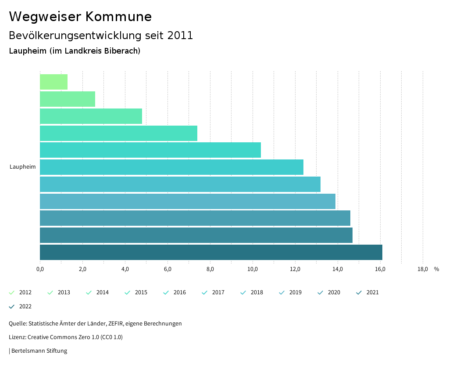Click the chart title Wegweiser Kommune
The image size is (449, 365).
click(x=80, y=17)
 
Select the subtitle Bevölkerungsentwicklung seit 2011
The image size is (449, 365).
click(x=101, y=36)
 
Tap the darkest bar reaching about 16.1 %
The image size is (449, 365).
click(x=211, y=252)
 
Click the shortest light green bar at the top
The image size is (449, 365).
click(x=53, y=82)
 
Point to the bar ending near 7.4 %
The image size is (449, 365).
click(x=118, y=133)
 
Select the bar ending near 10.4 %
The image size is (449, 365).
click(x=150, y=150)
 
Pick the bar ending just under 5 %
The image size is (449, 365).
click(x=91, y=116)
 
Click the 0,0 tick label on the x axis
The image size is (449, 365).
click(x=40, y=269)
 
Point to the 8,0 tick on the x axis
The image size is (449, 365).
click(x=210, y=269)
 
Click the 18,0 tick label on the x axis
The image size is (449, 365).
click(x=423, y=269)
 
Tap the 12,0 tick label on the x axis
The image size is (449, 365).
click(x=295, y=269)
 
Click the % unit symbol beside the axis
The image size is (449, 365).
click(x=436, y=269)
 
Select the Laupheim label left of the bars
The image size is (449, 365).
click(x=23, y=167)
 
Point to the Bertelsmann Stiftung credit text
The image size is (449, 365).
click(x=39, y=351)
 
